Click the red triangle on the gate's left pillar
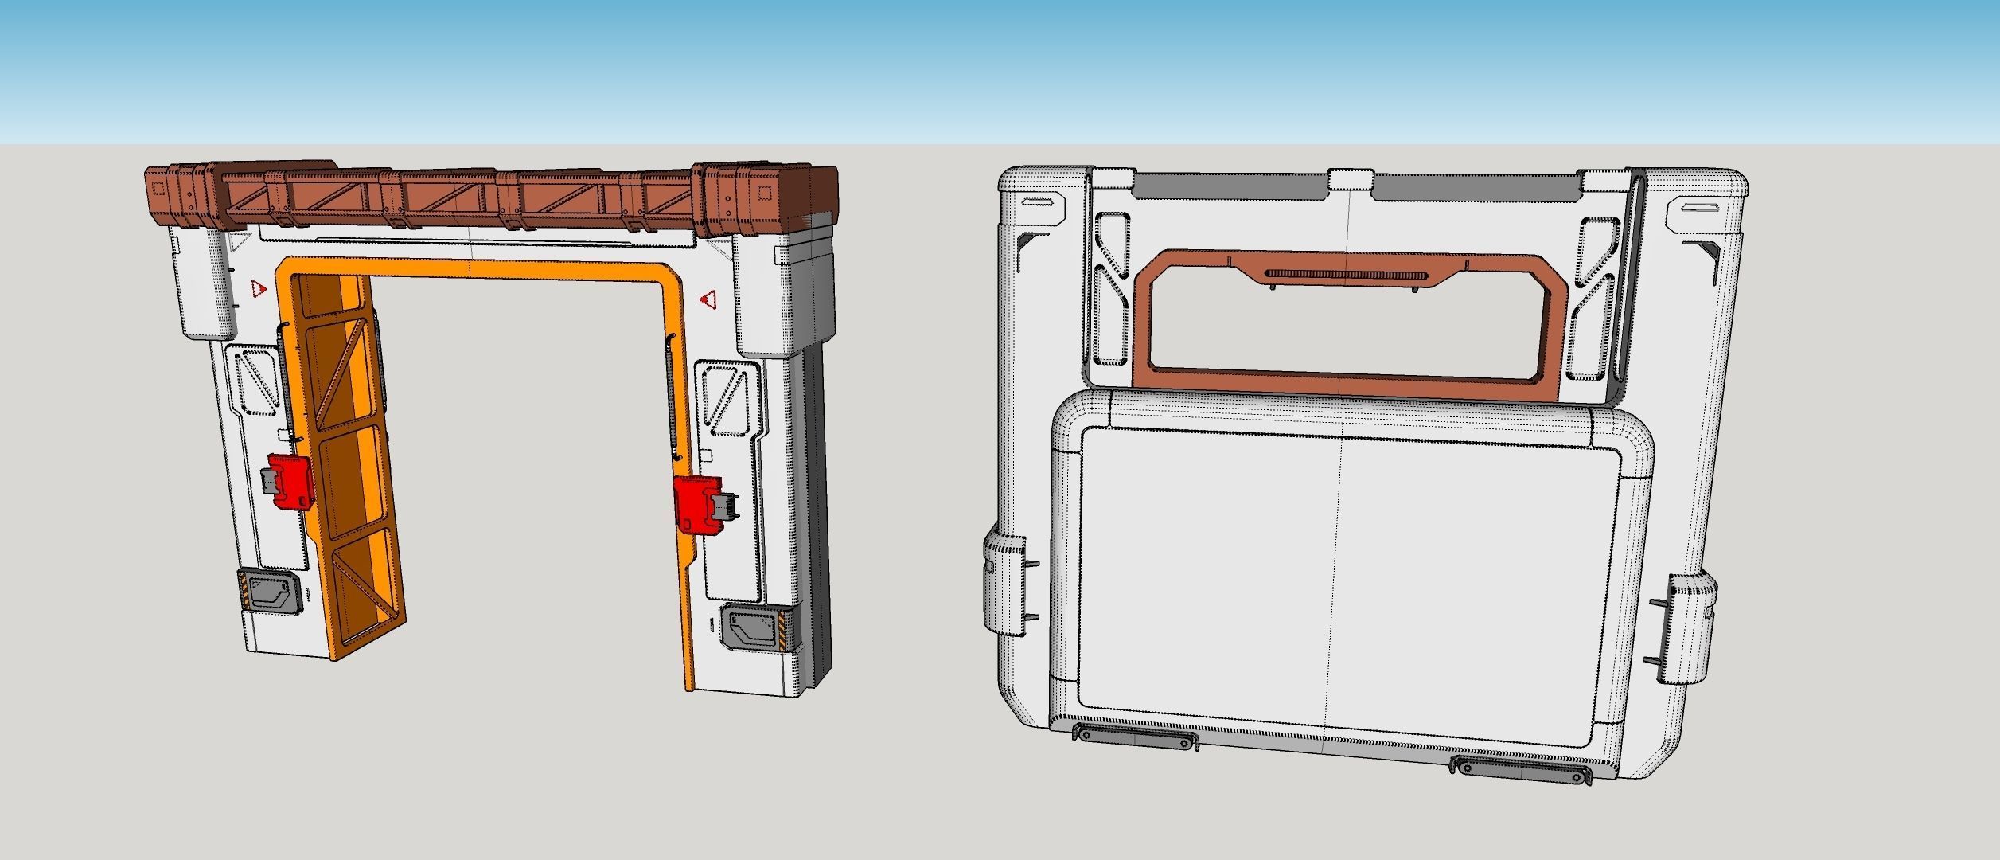coord(257,288)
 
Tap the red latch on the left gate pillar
coord(288,480)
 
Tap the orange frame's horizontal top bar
coord(478,268)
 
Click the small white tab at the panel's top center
coord(1350,178)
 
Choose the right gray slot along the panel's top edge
coord(1476,188)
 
